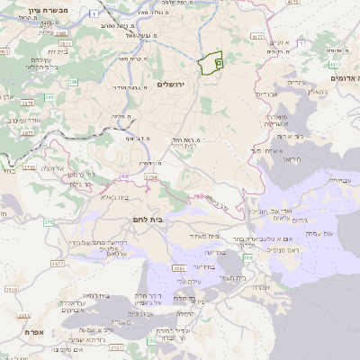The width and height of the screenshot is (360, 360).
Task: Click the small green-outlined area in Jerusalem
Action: (x=211, y=63)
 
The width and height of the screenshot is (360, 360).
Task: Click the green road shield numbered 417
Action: (x=257, y=37)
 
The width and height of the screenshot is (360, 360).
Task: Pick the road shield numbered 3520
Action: (x=12, y=290)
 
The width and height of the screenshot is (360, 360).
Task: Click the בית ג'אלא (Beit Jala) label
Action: (x=118, y=196)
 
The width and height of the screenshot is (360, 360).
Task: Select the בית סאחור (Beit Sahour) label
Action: (x=204, y=236)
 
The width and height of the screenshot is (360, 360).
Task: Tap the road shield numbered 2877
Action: (x=58, y=263)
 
